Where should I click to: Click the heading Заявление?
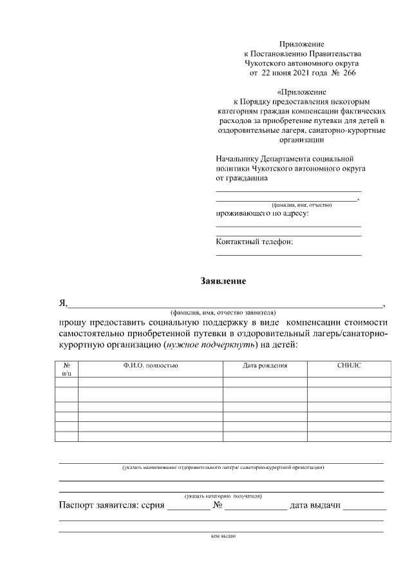coord(223,282)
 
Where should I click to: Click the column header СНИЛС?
coord(349,365)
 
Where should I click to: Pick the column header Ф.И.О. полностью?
coord(150,365)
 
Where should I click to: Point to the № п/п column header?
coord(66,368)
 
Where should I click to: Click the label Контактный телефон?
coord(254,242)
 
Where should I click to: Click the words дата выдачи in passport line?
coord(315,505)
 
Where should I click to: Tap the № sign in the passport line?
coord(217,505)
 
